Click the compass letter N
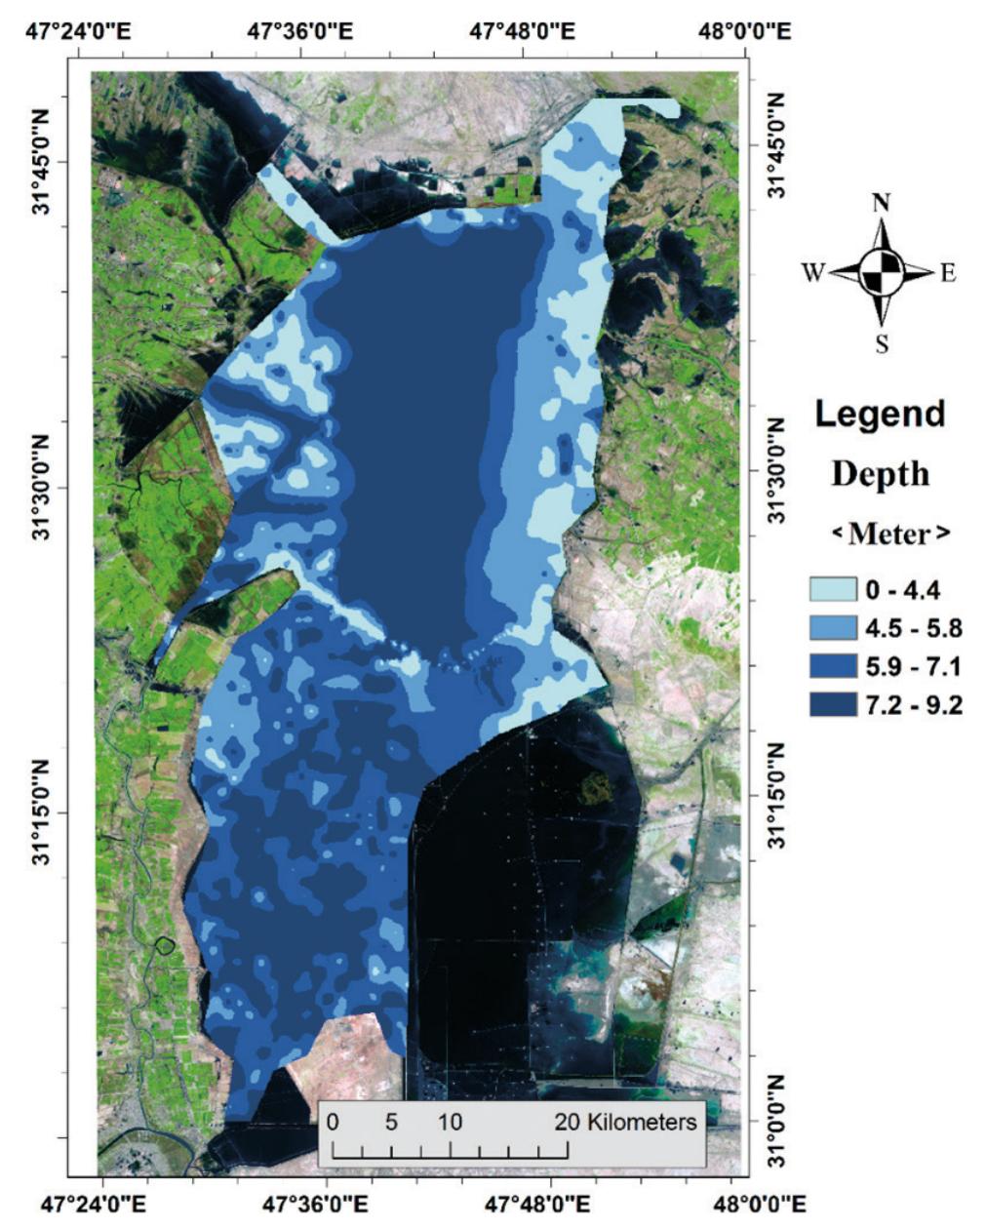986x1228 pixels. point(882,203)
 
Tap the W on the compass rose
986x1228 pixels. point(813,274)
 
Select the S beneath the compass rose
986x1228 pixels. point(882,344)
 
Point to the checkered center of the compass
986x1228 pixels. point(882,272)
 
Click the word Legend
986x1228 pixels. point(880,414)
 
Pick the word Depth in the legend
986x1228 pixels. point(880,475)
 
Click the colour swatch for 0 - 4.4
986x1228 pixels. point(832,589)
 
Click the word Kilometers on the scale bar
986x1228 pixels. point(643,1122)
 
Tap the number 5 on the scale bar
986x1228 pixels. point(391,1122)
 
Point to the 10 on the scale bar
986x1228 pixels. point(449,1122)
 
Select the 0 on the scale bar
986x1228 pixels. point(334,1122)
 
